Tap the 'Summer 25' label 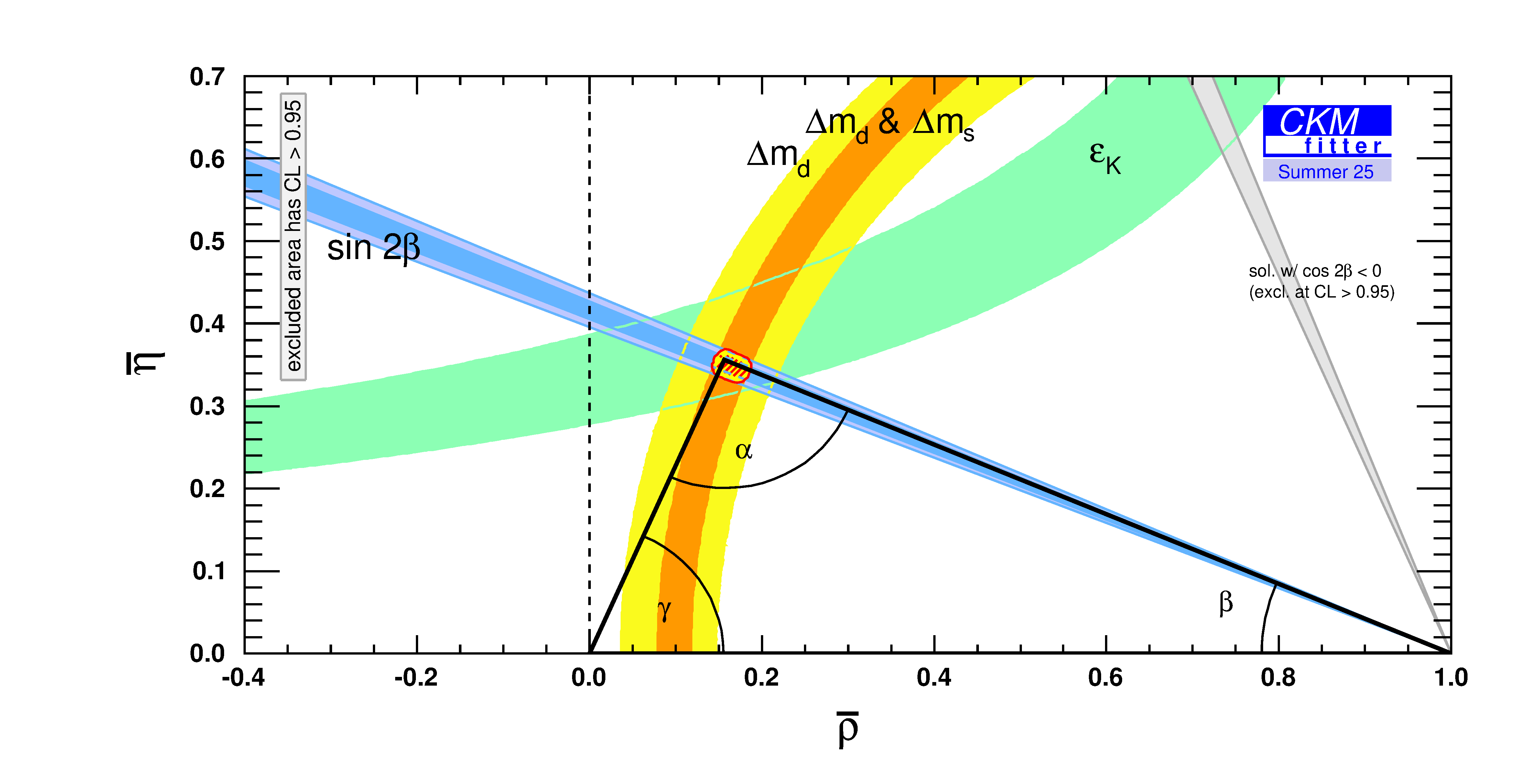coord(1326,171)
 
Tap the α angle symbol coord(743,451)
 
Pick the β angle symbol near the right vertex coord(1226,603)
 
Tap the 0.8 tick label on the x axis coord(1278,678)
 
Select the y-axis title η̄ coord(144,363)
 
